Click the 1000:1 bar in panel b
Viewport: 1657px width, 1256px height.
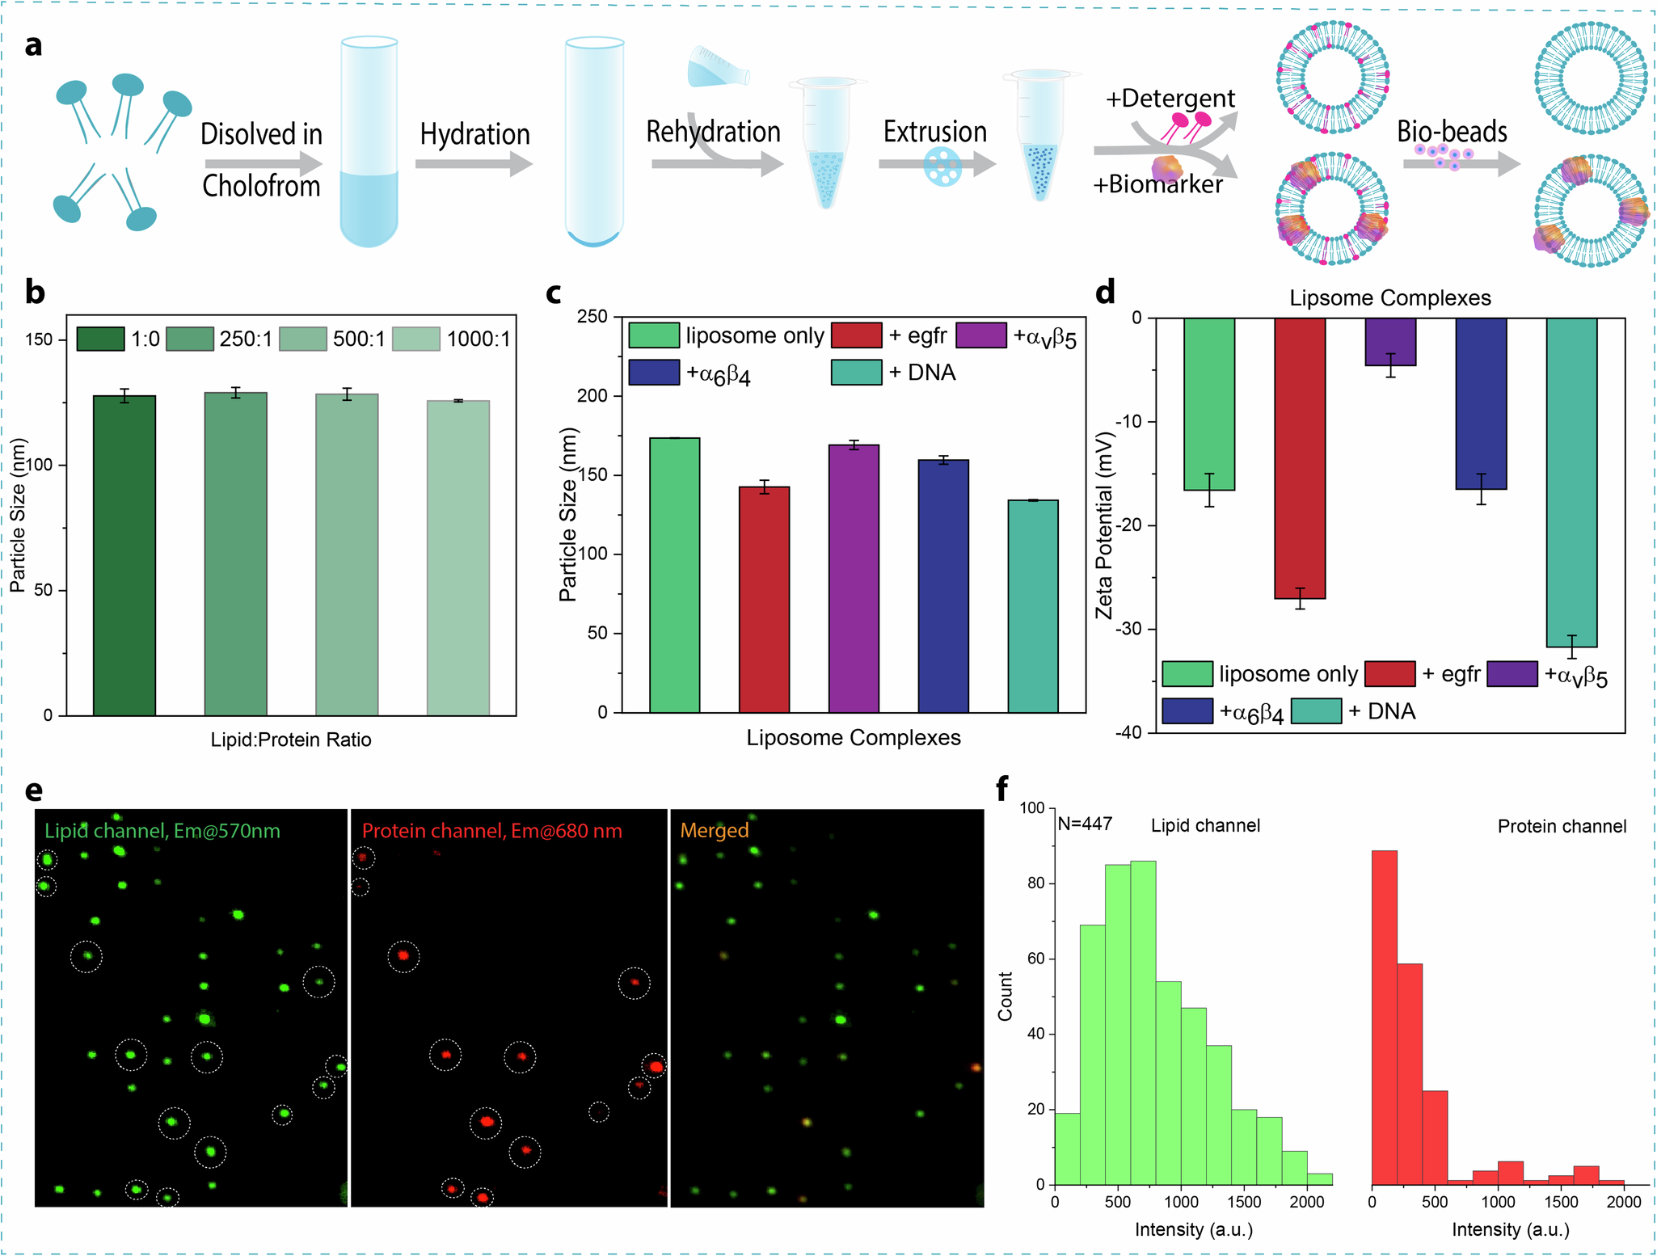pyautogui.click(x=457, y=558)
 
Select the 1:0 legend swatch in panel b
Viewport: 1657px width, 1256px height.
pyautogui.click(x=100, y=339)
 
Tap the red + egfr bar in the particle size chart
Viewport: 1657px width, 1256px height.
pyautogui.click(x=764, y=599)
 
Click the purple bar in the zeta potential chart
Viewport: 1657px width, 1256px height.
pyautogui.click(x=1390, y=342)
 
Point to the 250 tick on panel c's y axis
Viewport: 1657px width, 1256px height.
pyautogui.click(x=592, y=317)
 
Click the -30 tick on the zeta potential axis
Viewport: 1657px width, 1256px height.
pyautogui.click(x=1128, y=629)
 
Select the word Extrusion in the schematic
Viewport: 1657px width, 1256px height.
pyautogui.click(x=934, y=132)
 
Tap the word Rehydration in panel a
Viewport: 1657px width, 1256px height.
pyautogui.click(x=713, y=132)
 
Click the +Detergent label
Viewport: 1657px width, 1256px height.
pyautogui.click(x=1170, y=99)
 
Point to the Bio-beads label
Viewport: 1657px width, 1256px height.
pyautogui.click(x=1452, y=132)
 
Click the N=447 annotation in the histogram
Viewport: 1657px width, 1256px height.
pyautogui.click(x=1085, y=824)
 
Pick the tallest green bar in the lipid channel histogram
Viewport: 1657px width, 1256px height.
pyautogui.click(x=1143, y=1022)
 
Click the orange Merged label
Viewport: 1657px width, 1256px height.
pyautogui.click(x=714, y=830)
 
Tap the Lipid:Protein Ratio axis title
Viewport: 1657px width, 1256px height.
pyautogui.click(x=291, y=740)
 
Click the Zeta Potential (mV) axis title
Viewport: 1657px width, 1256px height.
pyautogui.click(x=1104, y=525)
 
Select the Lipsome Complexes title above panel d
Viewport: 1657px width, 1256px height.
pyautogui.click(x=1389, y=298)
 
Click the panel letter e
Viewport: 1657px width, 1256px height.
pyautogui.click(x=34, y=790)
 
